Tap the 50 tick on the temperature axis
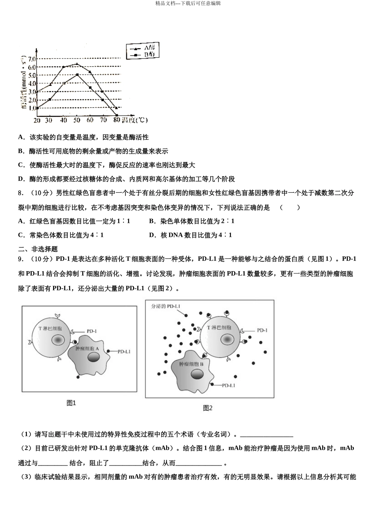pos(77,120)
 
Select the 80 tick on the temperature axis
pos(116,120)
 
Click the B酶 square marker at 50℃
pos(77,74)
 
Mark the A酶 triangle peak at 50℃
pos(77,64)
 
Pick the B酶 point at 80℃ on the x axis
pos(116,116)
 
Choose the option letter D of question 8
pos(152,235)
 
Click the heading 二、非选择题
pos(38,249)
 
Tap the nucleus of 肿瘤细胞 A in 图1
pos(94,357)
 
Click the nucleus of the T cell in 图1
pos(58,340)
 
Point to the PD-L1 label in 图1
pos(124,351)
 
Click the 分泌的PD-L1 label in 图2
pos(166,307)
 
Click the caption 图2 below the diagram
pos(207,408)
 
